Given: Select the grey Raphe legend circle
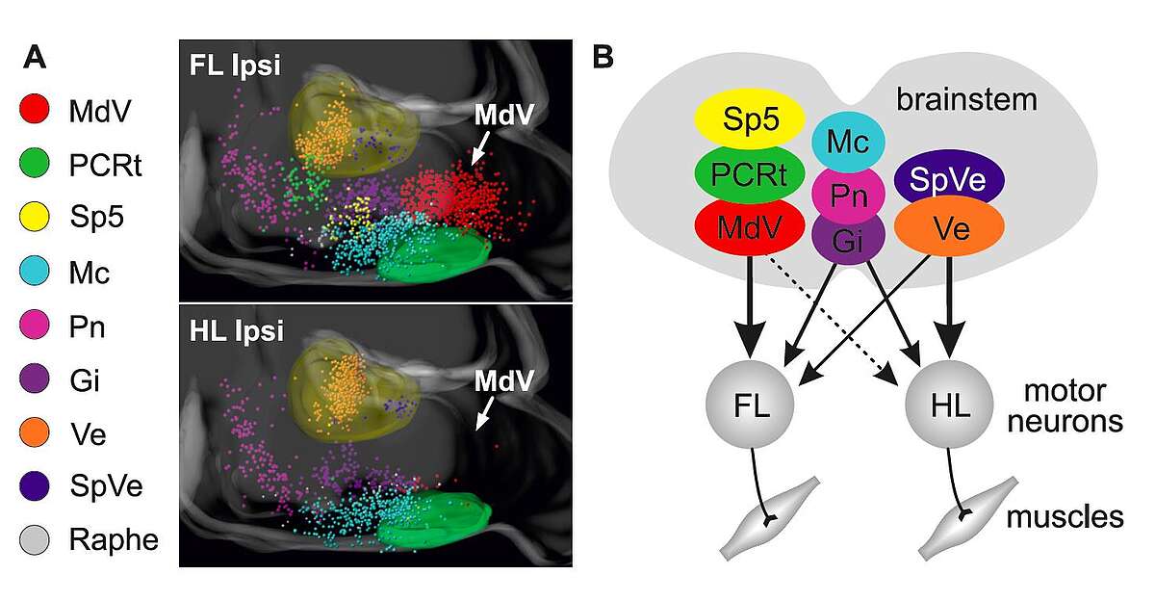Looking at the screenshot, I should point(35,540).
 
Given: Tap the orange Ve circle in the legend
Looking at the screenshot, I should point(35,433).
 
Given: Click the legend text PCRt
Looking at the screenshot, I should point(106,166).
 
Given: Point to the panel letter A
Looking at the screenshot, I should point(35,59).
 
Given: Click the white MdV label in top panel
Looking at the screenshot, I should point(504,116).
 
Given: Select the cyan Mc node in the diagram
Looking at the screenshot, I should point(848,143).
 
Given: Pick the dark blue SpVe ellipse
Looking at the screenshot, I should point(949,180).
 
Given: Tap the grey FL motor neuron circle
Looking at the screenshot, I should point(751,402).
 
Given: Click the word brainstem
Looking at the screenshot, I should point(966,99).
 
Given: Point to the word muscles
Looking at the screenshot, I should point(1065,517).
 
